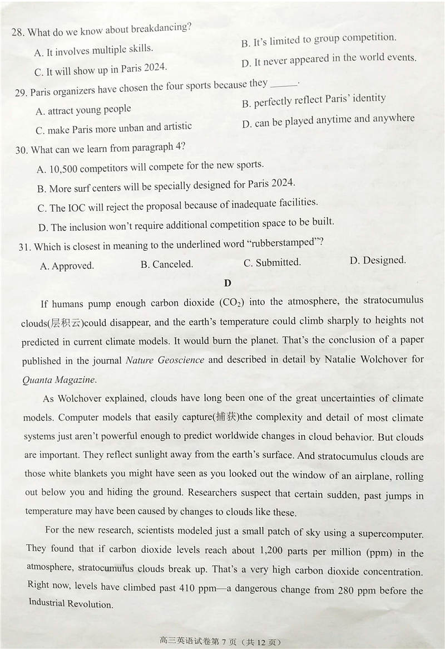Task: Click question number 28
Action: point(18,32)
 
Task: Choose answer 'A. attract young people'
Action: point(83,110)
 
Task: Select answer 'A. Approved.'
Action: point(67,266)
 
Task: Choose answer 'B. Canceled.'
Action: point(166,264)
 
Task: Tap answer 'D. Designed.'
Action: point(378,260)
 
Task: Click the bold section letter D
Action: point(228,283)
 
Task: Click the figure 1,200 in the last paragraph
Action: point(274,551)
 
